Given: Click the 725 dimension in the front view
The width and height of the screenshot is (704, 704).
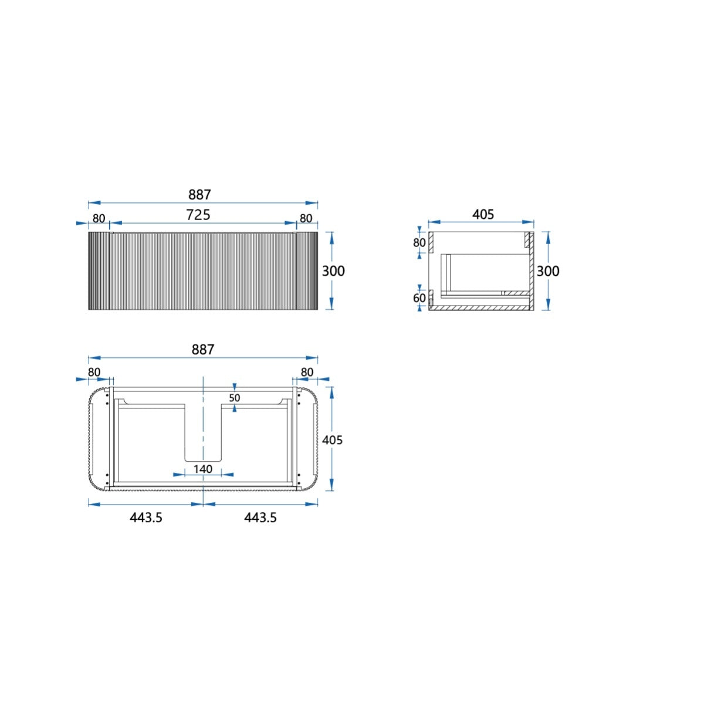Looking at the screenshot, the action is point(198,215).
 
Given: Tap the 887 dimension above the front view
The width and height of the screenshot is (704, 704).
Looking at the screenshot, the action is point(199,195).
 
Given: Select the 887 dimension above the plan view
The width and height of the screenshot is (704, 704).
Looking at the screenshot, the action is point(203,350).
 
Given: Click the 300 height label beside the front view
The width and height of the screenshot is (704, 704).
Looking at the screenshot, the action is point(333,271).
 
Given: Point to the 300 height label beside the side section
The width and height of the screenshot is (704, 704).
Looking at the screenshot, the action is point(548,271).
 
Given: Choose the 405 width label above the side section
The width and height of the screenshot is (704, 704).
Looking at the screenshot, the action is point(483,215).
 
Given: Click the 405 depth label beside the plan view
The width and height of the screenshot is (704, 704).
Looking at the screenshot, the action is point(332,440).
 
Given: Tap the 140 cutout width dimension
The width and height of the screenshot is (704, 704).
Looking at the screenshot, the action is point(203,469).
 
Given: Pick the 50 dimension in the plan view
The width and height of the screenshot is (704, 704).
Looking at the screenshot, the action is point(235,398).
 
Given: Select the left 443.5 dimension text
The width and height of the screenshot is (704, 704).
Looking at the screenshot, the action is point(145,517).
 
